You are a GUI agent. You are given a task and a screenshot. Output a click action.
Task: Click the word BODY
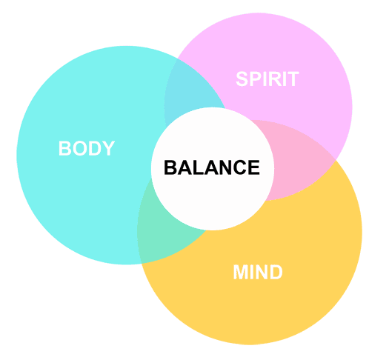(87, 148)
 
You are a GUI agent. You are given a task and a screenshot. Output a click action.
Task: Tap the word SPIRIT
(267, 79)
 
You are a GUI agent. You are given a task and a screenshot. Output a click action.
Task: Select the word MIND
(258, 272)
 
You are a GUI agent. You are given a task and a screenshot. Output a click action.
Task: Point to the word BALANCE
(212, 167)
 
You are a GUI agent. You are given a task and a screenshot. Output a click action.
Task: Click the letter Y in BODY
(108, 148)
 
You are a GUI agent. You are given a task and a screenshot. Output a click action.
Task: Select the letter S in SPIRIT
(242, 79)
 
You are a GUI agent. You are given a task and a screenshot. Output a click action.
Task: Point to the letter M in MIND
(240, 272)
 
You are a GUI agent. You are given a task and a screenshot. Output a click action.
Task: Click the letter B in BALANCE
(170, 167)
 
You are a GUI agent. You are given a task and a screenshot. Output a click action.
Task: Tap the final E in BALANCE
(253, 167)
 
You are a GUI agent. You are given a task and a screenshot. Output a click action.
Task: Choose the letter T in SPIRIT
(293, 79)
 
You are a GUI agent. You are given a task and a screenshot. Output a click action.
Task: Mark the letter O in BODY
(79, 148)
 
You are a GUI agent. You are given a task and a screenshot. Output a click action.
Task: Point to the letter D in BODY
(95, 148)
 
